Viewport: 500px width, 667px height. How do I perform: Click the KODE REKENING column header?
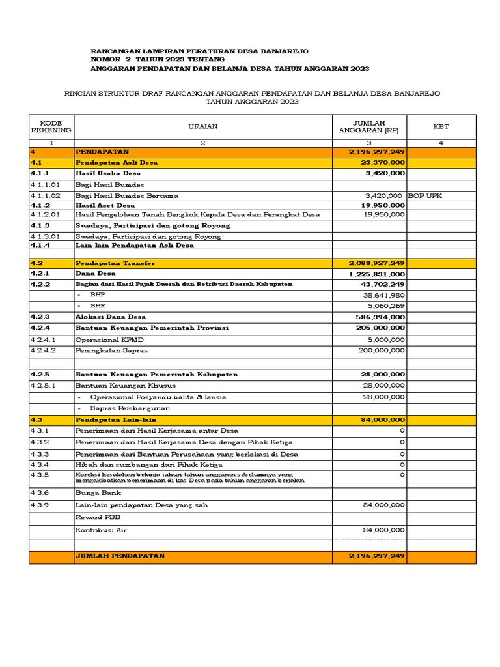pos(51,127)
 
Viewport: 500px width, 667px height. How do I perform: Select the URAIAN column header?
pos(202,127)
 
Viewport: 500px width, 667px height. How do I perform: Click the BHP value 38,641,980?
pos(384,294)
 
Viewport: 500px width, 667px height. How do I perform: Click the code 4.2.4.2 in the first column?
pos(44,350)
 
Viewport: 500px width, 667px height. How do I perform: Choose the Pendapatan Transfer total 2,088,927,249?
pos(377,263)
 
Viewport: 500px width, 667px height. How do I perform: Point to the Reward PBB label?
pos(97,517)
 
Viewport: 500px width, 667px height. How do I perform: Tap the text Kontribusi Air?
pos(101,530)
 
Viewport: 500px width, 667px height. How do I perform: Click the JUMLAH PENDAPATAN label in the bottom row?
pos(120,556)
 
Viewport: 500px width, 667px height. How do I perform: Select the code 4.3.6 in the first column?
pos(40,494)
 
